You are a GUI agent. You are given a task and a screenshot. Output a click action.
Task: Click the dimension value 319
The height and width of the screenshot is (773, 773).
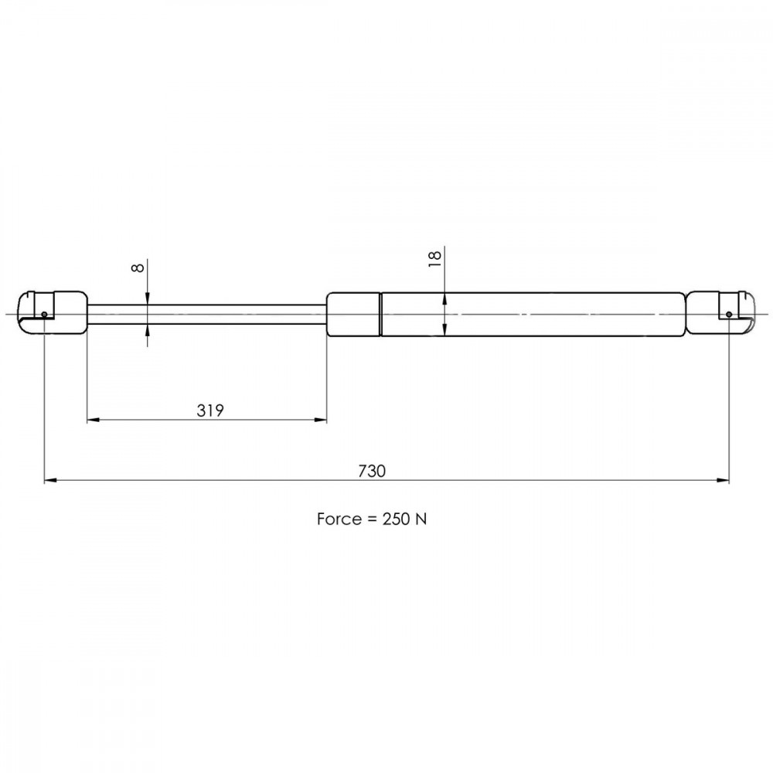tap(210, 410)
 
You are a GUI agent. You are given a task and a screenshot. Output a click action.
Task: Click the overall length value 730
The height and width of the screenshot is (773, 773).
tap(372, 472)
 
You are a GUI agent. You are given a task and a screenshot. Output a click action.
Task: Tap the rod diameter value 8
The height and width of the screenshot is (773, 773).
tap(138, 267)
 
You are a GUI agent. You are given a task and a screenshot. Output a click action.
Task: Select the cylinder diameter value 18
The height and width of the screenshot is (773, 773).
tap(434, 258)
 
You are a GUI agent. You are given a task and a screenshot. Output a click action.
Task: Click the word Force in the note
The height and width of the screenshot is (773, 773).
tap(339, 519)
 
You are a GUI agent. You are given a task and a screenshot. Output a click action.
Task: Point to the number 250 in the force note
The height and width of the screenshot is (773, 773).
tap(396, 519)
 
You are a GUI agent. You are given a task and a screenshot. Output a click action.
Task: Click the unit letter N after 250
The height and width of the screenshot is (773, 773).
tap(421, 519)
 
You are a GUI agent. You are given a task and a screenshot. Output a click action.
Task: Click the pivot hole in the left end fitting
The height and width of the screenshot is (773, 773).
tap(44, 315)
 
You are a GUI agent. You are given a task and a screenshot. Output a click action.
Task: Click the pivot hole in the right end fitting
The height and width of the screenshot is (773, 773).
tap(729, 315)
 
